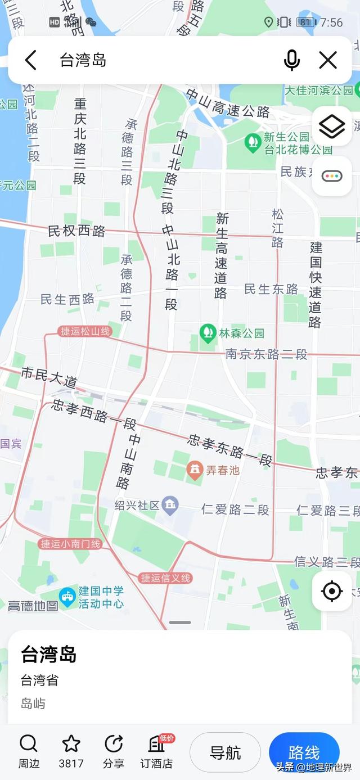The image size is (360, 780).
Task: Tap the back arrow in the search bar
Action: coord(31,60)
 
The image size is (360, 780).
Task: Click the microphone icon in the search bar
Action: coord(291,60)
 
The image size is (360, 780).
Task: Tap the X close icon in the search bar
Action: coord(328,60)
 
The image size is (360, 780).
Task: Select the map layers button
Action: coord(332,126)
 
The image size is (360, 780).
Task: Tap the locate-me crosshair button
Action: coord(332,591)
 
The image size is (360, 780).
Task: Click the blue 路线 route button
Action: coord(304,752)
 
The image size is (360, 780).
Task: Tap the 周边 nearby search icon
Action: coord(28,744)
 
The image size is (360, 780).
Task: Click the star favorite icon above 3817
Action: coord(71,744)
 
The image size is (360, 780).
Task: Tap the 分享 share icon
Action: coord(114,744)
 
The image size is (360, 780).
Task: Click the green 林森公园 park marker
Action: coord(208,332)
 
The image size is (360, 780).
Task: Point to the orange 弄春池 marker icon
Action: coord(195,470)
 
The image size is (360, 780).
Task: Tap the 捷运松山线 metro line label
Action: coord(84,331)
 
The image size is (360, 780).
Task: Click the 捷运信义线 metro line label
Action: coord(166,578)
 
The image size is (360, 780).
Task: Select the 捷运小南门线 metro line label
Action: coord(70,544)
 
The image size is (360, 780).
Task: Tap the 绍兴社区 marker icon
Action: coord(170,504)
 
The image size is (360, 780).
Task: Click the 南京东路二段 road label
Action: coord(266,354)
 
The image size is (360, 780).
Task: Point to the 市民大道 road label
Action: coord(49,377)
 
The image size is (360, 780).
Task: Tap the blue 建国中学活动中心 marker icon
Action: coord(67,597)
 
